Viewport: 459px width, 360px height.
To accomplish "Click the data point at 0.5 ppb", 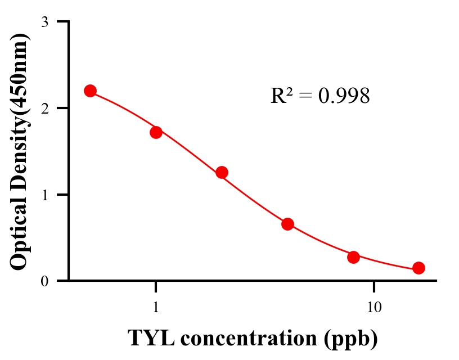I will [90, 91].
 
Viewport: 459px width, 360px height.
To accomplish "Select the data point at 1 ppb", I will [156, 132].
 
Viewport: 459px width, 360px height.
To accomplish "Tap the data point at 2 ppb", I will [222, 172].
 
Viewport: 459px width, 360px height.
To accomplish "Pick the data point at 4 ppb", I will [287, 224].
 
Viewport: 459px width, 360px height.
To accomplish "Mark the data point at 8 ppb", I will [353, 257].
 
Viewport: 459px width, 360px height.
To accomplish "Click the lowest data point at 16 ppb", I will [418, 268].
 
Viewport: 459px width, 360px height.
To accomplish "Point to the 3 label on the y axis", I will [44, 22].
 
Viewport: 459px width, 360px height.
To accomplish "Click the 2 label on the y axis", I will [44, 109].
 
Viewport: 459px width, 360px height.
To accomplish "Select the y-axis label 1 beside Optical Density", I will [44, 195].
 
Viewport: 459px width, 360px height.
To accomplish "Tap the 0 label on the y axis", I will [44, 281].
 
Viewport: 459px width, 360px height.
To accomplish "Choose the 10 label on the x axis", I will [374, 308].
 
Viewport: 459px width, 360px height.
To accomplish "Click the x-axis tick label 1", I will [156, 308].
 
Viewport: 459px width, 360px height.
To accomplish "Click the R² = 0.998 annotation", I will [319, 96].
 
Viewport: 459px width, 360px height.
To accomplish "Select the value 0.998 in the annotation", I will [344, 96].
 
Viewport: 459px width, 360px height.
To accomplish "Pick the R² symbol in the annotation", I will [280, 96].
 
